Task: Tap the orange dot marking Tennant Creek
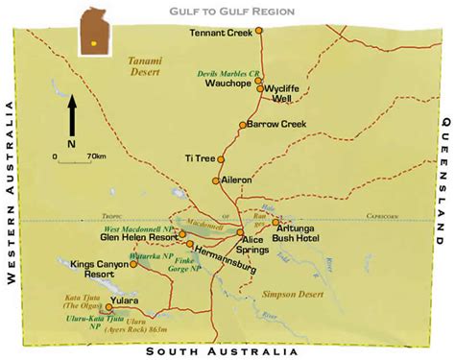pyautogui.click(x=258, y=33)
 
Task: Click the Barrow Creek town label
pyautogui.click(x=275, y=124)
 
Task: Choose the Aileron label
pyautogui.click(x=236, y=180)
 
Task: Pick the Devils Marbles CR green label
pyautogui.click(x=227, y=73)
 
